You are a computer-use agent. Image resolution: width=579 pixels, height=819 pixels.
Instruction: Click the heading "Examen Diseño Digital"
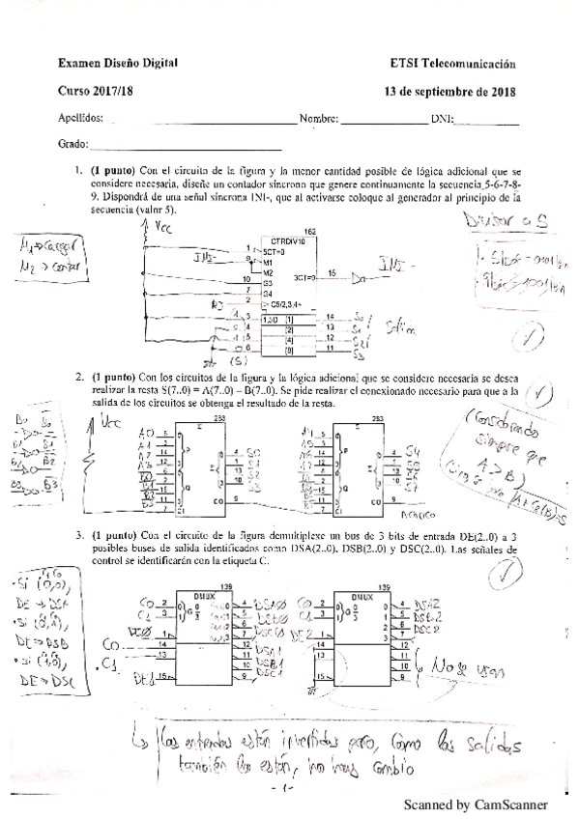[118, 64]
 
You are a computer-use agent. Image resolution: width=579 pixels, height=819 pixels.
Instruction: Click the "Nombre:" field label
[318, 119]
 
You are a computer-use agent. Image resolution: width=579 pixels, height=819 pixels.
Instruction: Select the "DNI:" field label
[441, 119]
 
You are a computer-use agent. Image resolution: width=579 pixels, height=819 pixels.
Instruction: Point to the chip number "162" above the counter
[308, 231]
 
